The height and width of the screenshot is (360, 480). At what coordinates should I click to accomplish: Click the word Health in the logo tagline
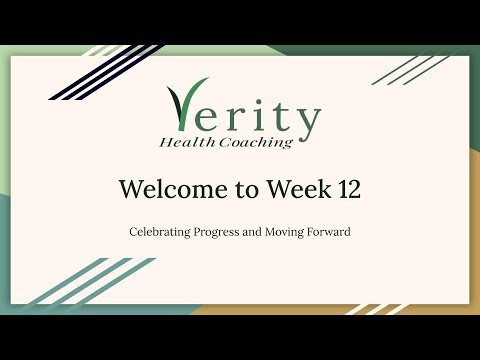(185, 142)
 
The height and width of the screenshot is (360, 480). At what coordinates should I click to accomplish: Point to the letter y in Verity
(307, 122)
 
